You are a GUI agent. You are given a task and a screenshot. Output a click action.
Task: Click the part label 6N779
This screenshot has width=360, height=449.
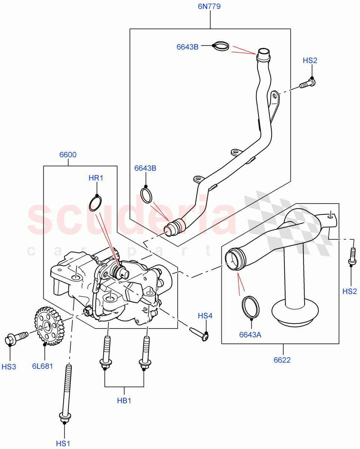210,6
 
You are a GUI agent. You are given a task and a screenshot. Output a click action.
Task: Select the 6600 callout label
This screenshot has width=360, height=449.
68,155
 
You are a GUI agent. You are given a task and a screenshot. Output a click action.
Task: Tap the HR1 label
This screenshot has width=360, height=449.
96,178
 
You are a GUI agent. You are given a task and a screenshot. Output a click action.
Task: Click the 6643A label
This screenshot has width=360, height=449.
250,335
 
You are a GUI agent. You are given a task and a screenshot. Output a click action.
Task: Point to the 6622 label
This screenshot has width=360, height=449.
282,360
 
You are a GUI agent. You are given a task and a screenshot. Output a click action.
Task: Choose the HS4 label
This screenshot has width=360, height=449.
205,316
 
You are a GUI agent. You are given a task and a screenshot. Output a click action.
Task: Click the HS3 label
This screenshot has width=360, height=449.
9,367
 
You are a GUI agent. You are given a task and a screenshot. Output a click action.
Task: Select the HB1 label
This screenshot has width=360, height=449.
124,401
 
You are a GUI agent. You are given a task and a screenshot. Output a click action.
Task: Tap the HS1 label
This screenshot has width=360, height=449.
63,444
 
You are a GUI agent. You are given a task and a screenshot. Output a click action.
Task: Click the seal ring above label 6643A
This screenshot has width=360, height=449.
250,308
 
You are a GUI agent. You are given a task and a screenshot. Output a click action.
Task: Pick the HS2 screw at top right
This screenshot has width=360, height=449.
308,83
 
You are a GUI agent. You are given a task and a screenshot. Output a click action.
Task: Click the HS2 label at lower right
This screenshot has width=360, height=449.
350,291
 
